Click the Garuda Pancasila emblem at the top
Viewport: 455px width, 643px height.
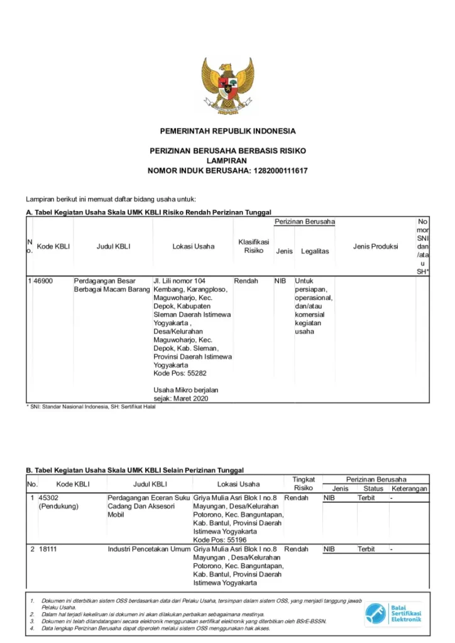click(x=227, y=84)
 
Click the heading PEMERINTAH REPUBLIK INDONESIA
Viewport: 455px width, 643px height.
click(x=227, y=131)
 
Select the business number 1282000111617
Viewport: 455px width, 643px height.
click(x=280, y=171)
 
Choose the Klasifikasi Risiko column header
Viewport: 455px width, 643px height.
click(x=253, y=246)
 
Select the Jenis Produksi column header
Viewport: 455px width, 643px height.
click(x=375, y=246)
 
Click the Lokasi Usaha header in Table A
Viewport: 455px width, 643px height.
click(x=193, y=246)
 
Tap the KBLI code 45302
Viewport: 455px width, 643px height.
click(x=48, y=498)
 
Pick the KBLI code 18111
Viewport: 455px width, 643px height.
click(x=48, y=549)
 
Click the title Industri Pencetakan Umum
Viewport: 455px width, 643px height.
click(x=149, y=549)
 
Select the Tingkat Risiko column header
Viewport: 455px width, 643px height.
click(x=303, y=484)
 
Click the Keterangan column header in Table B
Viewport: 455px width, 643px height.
click(x=409, y=489)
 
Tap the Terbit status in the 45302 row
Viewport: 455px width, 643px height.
click(x=366, y=498)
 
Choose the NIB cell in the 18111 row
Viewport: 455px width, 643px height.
click(x=329, y=549)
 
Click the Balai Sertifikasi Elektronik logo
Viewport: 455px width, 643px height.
click(x=394, y=613)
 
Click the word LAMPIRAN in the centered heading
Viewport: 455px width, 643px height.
click(x=227, y=161)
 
